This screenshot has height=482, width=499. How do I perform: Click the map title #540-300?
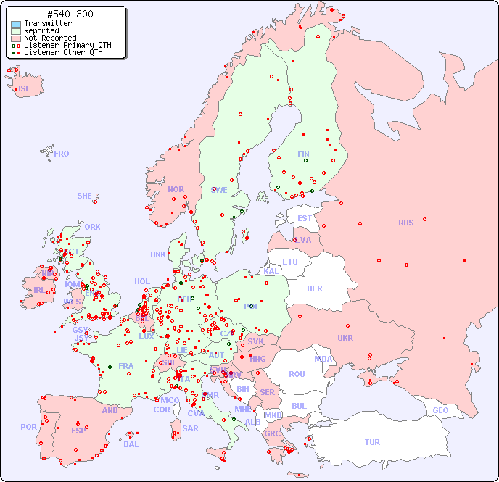[69, 14]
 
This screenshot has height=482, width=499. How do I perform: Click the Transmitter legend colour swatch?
[16, 24]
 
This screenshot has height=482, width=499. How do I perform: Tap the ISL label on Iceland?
[25, 89]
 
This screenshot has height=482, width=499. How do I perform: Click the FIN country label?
[303, 154]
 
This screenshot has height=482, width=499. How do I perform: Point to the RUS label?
[405, 223]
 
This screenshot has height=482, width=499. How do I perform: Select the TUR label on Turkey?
[372, 442]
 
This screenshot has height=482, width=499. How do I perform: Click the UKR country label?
[345, 338]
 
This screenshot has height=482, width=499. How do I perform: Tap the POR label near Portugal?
[28, 427]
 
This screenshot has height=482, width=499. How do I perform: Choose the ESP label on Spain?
[78, 431]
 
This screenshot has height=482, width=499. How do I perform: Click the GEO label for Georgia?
[440, 410]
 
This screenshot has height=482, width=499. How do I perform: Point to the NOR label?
[176, 189]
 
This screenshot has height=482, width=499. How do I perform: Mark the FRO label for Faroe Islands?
[62, 154]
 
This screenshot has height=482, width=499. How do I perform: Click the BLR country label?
[314, 288]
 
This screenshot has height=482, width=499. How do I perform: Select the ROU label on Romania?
[297, 374]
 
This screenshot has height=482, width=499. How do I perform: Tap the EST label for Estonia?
[305, 218]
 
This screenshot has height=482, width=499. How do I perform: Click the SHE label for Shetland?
[85, 196]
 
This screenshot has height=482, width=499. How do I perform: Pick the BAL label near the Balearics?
[131, 444]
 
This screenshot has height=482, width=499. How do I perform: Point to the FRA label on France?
[126, 366]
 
